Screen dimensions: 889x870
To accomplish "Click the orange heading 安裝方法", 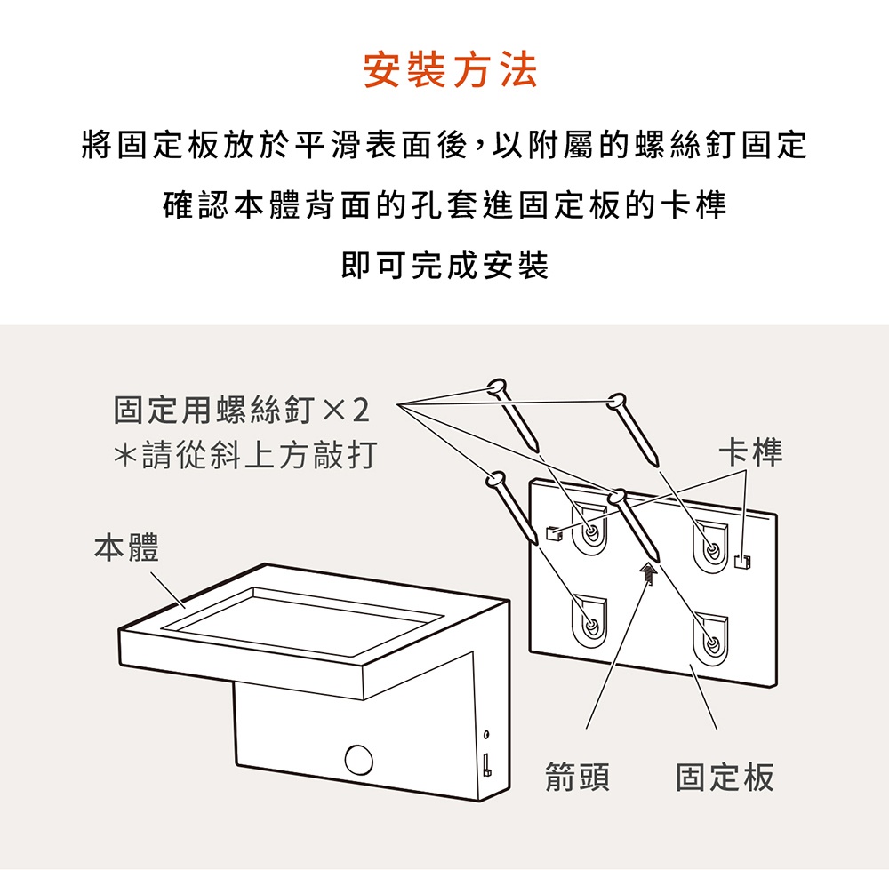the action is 450,70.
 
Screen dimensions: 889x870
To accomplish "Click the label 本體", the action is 126,547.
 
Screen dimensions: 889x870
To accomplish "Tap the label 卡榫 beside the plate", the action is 750,452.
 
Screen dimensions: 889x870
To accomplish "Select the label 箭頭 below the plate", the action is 577,777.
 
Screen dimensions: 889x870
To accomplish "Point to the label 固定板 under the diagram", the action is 725,777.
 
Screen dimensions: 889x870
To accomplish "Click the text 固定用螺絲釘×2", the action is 242,410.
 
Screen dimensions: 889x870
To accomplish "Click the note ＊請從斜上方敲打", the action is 245,455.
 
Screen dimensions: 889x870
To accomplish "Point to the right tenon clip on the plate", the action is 742,561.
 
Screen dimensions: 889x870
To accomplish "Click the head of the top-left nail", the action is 497,387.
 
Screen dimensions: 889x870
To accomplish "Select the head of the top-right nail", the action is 616,401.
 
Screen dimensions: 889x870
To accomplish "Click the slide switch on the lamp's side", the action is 486,764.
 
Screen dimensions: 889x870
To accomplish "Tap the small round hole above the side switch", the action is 486,735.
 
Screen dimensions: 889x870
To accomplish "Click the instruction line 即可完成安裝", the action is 445,265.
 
